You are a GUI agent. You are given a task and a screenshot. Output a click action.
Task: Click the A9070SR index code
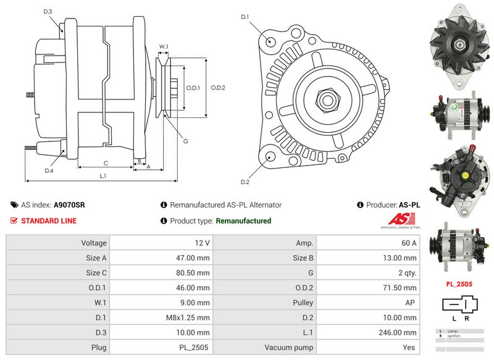point(69,205)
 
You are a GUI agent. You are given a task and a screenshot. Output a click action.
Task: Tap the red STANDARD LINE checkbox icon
point(14,220)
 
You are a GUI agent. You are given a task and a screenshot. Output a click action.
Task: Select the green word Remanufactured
point(243,220)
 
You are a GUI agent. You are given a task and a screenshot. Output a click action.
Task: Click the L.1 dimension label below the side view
point(104,176)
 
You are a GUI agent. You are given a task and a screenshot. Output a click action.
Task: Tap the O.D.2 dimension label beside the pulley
point(218,88)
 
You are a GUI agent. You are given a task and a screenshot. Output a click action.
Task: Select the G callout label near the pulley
point(185,141)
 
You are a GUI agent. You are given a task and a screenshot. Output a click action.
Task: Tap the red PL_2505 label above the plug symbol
point(459,285)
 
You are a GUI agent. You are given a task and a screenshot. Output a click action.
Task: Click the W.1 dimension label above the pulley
point(164,47)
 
